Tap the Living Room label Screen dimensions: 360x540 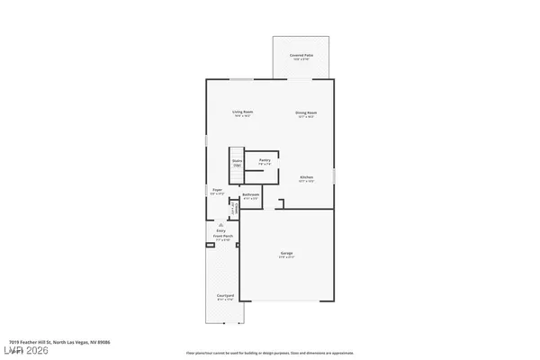242,112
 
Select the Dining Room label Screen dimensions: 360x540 307,112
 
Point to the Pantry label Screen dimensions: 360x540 264,160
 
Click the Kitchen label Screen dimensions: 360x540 306,177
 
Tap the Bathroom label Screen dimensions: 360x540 251,194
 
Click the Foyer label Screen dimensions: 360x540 217,190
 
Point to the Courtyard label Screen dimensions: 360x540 224,295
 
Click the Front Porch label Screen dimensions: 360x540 222,237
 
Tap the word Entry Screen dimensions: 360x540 222,231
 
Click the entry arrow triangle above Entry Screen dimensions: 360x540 222,224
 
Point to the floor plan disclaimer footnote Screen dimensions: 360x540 269,353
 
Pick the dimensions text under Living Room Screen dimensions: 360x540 242,116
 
